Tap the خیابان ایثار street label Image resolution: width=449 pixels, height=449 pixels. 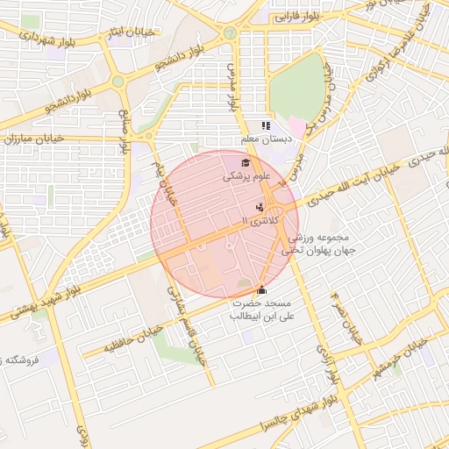click(x=132, y=33)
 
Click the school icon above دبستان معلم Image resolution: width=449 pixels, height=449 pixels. click(x=266, y=126)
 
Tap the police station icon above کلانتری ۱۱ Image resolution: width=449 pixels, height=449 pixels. click(x=260, y=208)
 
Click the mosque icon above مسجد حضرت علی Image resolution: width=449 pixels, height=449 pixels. click(x=260, y=289)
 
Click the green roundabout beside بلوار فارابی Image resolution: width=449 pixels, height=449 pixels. click(x=230, y=33)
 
